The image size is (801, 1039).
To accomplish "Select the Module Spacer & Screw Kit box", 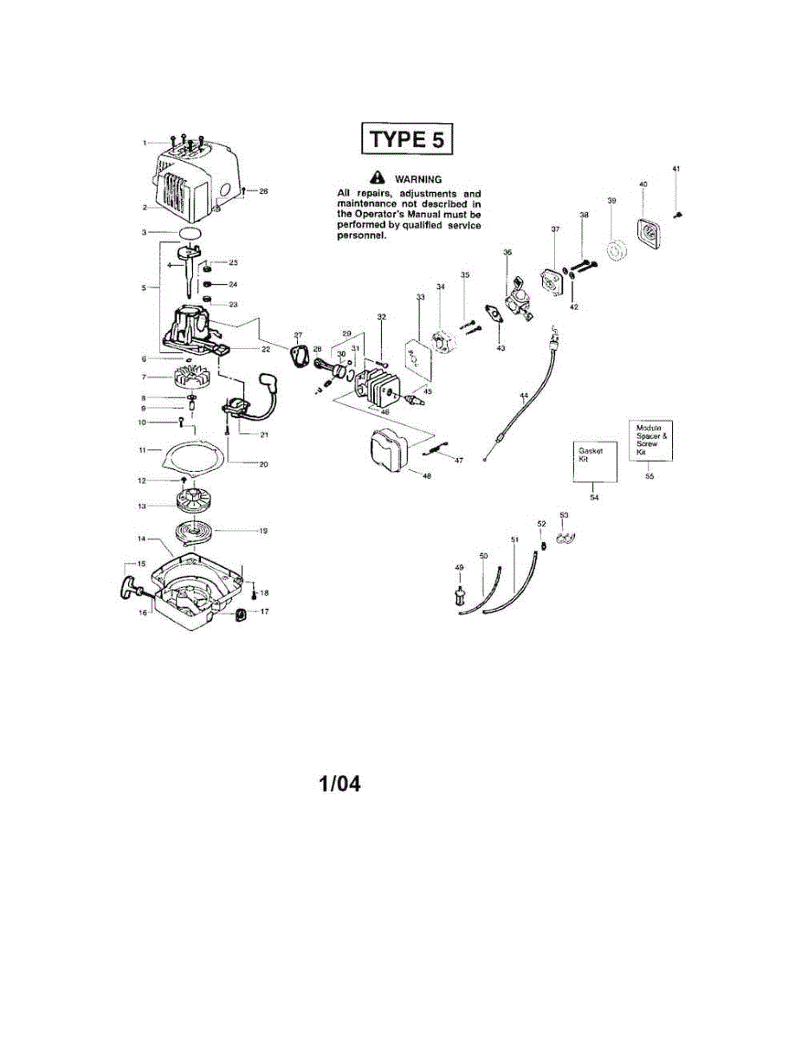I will pos(652,440).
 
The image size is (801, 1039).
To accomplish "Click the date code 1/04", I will pos(339,784).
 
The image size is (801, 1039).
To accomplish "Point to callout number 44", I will pos(524,395).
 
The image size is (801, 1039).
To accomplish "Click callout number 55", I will pos(650,475).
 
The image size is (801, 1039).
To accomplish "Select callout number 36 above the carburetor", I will pos(507,251).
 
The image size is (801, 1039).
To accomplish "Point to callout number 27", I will pos(298,334).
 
